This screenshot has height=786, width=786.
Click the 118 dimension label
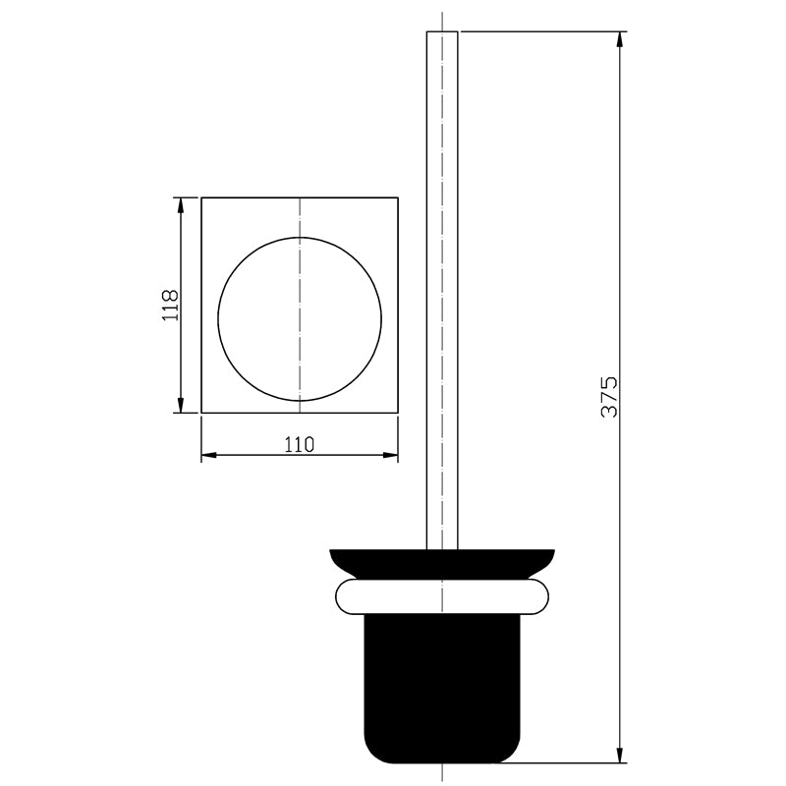click(x=170, y=306)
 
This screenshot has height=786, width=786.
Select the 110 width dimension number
click(x=299, y=444)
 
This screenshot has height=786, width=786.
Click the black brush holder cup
click(x=442, y=688)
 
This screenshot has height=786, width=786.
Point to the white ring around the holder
click(x=442, y=595)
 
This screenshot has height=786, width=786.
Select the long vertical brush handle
click(x=442, y=295)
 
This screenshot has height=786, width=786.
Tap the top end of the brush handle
click(x=442, y=34)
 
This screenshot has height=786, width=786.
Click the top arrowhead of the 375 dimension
click(x=621, y=39)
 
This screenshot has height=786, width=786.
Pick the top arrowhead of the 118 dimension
click(x=180, y=204)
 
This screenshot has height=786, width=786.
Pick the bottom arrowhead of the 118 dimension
click(x=180, y=406)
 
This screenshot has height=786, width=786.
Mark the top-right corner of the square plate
click(x=398, y=197)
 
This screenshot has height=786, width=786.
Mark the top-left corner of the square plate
click(x=201, y=197)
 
